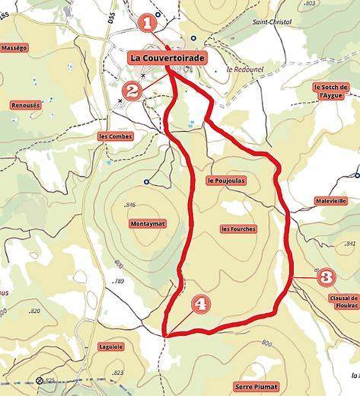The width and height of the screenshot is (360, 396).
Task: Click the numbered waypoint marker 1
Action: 149,23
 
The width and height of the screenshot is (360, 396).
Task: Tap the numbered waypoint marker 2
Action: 132,91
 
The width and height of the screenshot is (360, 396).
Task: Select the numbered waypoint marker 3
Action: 325,276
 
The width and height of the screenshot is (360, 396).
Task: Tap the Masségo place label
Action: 14,47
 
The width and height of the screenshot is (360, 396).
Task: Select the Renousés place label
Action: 26,105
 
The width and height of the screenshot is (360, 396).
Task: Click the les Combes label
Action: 116,137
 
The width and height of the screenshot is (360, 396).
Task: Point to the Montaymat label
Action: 148,224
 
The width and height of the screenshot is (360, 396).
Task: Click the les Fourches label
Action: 238,228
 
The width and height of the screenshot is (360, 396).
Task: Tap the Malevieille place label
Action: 330,201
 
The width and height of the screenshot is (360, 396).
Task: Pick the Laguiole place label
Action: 110,346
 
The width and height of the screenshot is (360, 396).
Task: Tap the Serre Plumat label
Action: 256,386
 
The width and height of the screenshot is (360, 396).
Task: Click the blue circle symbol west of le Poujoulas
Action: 145,181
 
